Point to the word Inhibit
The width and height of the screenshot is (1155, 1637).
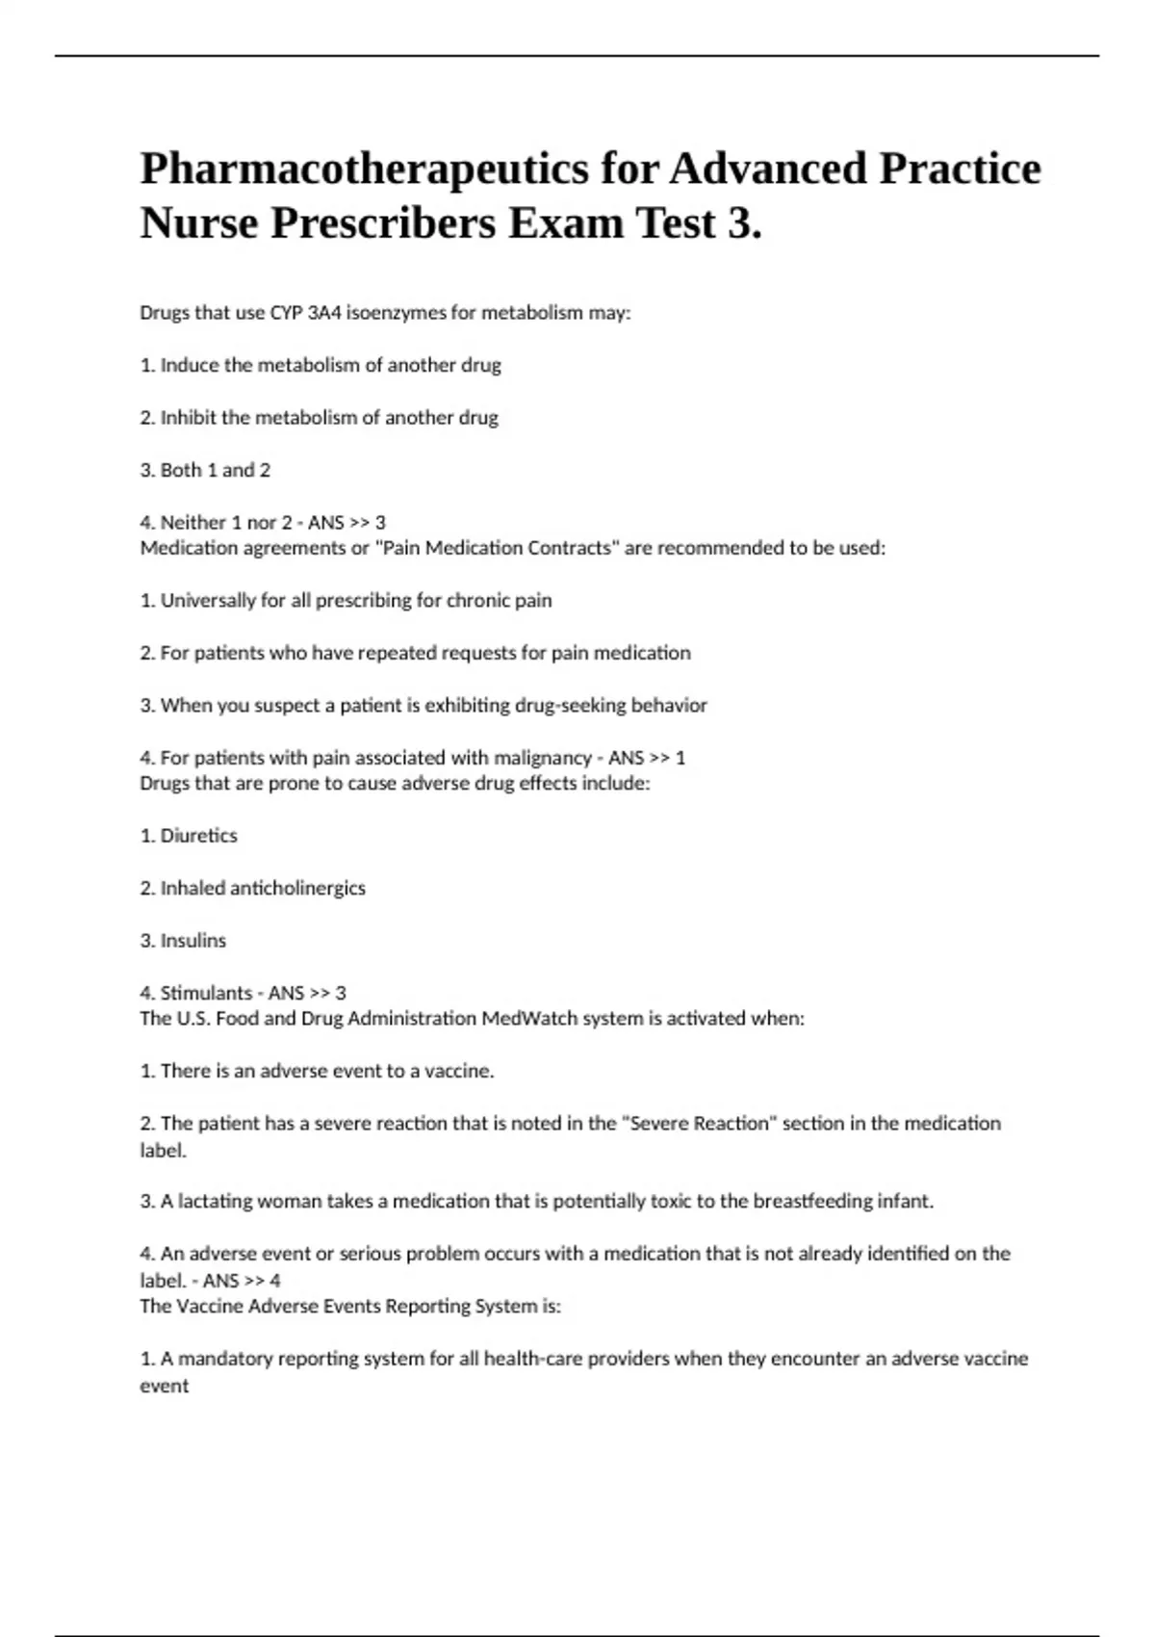coord(189,418)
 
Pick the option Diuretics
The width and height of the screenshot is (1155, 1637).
coord(198,836)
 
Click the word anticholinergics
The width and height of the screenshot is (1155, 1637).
coord(309,888)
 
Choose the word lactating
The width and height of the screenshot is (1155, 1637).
coord(216,1202)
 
